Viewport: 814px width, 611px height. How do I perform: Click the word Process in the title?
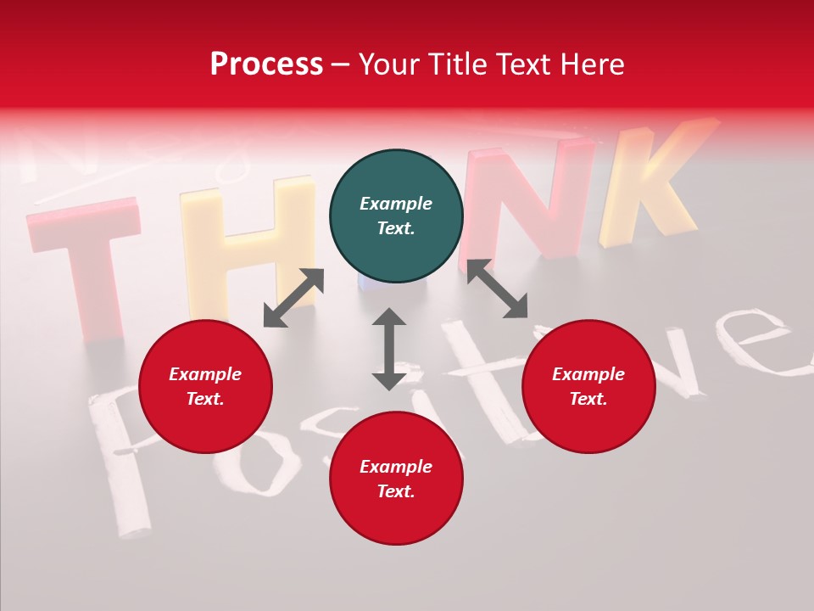tap(266, 64)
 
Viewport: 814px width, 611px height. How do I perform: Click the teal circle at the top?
tap(396, 216)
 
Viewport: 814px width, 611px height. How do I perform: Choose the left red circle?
tap(205, 386)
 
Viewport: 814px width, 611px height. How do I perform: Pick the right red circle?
tap(588, 386)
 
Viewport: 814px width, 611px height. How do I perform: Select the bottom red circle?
tap(396, 478)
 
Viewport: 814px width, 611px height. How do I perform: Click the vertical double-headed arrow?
tap(389, 349)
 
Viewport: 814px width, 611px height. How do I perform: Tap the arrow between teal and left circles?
tap(293, 298)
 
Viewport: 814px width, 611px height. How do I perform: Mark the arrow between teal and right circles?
tap(497, 289)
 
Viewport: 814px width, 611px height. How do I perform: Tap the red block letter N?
tap(526, 199)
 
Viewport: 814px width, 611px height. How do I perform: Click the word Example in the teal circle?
tap(396, 204)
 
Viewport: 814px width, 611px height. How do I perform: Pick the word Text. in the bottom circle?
tap(396, 491)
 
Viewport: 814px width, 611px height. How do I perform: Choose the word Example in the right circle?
tap(588, 374)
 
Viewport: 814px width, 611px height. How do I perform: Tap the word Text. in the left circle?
tap(205, 399)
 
